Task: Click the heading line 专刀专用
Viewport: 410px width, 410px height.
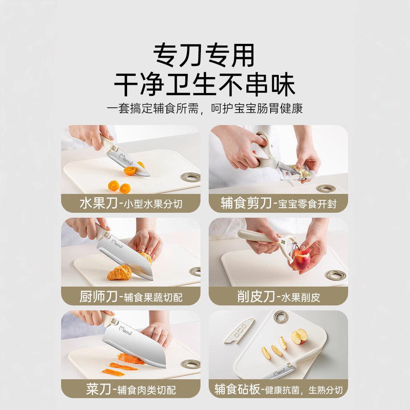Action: (x=204, y=55)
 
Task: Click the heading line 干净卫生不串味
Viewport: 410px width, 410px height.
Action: (x=205, y=84)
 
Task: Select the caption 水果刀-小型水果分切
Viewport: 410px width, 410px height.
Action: (x=131, y=203)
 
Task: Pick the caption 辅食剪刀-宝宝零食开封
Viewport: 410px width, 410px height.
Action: (x=278, y=203)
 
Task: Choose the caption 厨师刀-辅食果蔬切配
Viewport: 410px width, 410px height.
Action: (x=131, y=296)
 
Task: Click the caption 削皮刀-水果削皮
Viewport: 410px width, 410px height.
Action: (x=278, y=296)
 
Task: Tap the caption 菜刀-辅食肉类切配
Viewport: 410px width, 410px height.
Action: (x=131, y=389)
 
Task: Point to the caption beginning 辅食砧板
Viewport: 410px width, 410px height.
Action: (x=278, y=389)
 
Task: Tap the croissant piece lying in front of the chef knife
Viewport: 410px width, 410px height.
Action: (x=119, y=273)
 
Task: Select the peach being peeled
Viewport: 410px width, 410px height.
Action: (x=299, y=259)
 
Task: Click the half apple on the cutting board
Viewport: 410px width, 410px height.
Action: (x=299, y=336)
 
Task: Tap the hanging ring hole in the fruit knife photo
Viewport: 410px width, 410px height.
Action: (x=191, y=177)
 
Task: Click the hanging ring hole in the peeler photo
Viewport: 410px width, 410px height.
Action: (x=336, y=275)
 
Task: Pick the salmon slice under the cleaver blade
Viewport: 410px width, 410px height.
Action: (x=131, y=358)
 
